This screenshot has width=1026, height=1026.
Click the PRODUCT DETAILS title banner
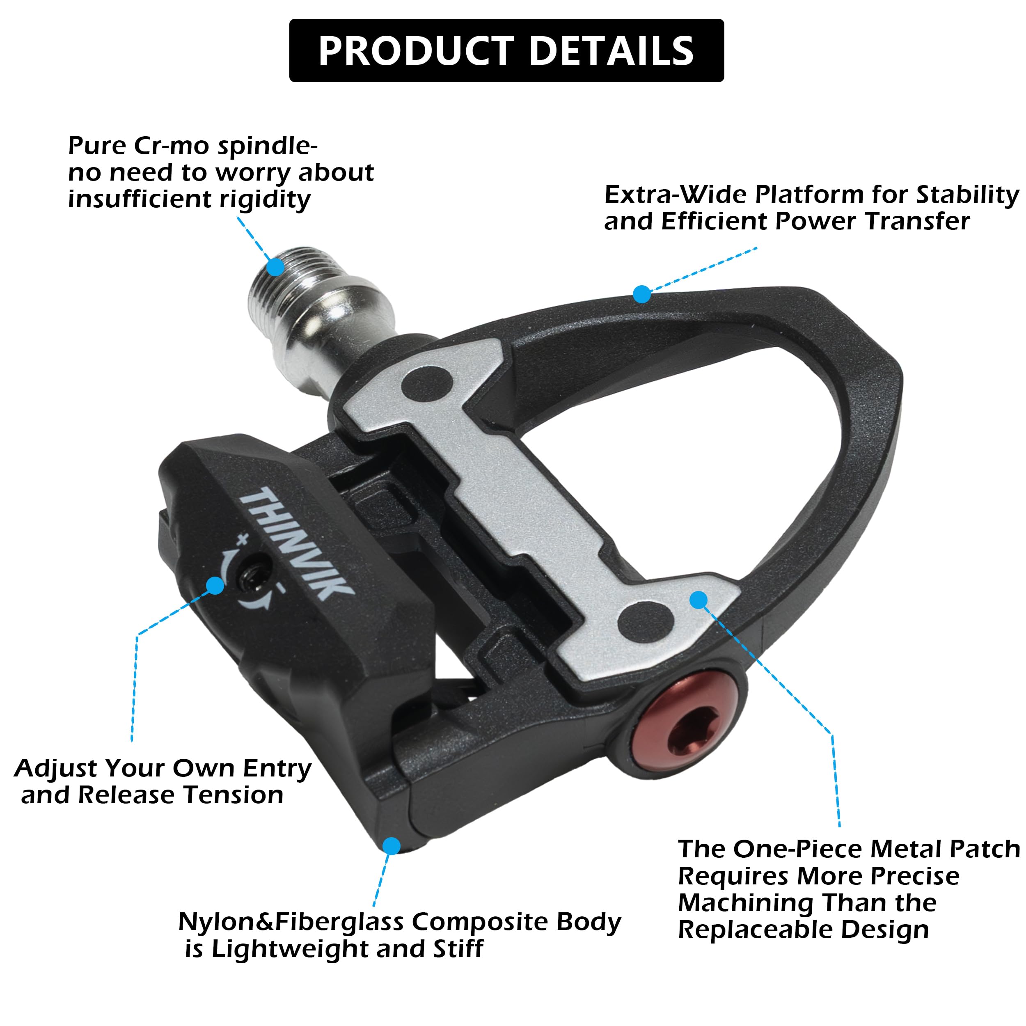click(506, 50)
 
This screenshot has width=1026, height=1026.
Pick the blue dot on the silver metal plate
click(699, 600)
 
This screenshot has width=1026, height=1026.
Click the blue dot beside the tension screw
click(215, 585)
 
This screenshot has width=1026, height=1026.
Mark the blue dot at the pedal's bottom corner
click(392, 845)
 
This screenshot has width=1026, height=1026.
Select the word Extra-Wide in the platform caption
click(676, 195)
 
